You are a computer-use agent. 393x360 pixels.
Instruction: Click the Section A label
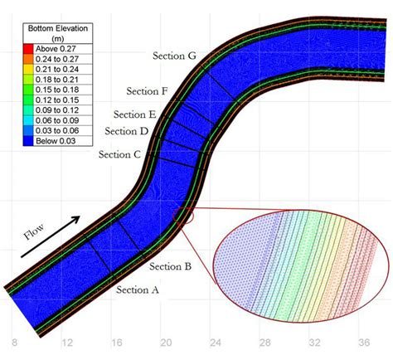(x=138, y=289)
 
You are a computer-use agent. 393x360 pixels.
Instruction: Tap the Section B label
(x=170, y=266)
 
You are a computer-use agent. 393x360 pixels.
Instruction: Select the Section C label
(x=119, y=154)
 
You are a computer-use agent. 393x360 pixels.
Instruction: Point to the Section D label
(x=127, y=131)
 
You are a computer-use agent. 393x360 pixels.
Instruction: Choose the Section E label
(x=135, y=114)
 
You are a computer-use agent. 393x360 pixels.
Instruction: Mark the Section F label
(x=148, y=91)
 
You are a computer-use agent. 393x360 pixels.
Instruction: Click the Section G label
(x=174, y=56)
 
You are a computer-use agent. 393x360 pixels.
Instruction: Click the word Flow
(x=34, y=231)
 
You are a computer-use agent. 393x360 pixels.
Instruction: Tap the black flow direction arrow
(x=51, y=236)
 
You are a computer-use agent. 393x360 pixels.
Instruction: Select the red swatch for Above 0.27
(x=28, y=49)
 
